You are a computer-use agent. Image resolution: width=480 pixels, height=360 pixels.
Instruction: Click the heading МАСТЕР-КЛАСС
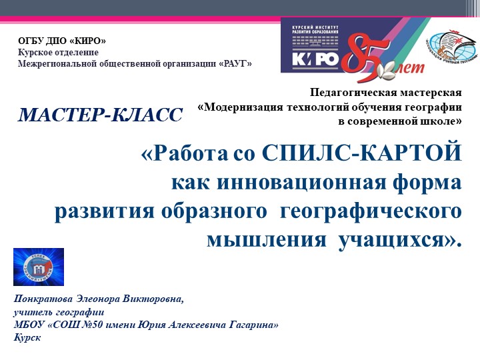100,115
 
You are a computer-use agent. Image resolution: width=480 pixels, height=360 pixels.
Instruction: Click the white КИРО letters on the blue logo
316,58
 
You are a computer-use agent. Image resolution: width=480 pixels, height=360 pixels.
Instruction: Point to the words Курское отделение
58,52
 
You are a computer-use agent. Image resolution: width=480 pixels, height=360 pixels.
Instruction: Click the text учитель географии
58,311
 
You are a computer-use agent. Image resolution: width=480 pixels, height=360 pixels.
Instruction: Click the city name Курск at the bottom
27,337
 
